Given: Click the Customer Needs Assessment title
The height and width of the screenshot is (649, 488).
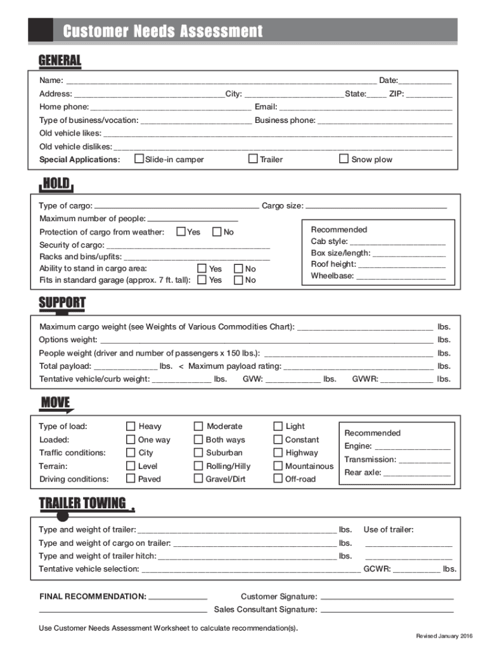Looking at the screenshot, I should [x=162, y=31].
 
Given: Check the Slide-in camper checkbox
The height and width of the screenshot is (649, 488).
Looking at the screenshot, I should [x=139, y=158].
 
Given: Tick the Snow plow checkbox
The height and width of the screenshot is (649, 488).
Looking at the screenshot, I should [x=344, y=158].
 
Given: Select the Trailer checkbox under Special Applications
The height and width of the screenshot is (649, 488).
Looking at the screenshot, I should [x=253, y=158].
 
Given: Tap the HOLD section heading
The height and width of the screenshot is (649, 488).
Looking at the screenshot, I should [x=56, y=184].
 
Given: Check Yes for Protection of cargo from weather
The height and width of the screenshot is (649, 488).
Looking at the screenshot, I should [x=181, y=232].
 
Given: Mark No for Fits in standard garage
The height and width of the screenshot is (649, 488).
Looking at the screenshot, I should [x=238, y=280].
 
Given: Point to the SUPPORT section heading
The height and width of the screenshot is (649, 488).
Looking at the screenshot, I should [x=61, y=302].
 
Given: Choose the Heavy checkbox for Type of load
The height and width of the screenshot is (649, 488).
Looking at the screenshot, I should [x=131, y=427].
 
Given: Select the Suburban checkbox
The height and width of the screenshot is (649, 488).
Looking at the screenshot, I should [x=198, y=453].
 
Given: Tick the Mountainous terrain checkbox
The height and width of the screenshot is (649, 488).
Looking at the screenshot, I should [x=278, y=466].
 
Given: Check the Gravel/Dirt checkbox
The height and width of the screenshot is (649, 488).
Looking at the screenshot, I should [x=198, y=479].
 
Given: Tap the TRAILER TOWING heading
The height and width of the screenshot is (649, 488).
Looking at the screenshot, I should [x=82, y=503].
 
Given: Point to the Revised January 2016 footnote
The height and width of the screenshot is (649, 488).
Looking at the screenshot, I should [x=444, y=636].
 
